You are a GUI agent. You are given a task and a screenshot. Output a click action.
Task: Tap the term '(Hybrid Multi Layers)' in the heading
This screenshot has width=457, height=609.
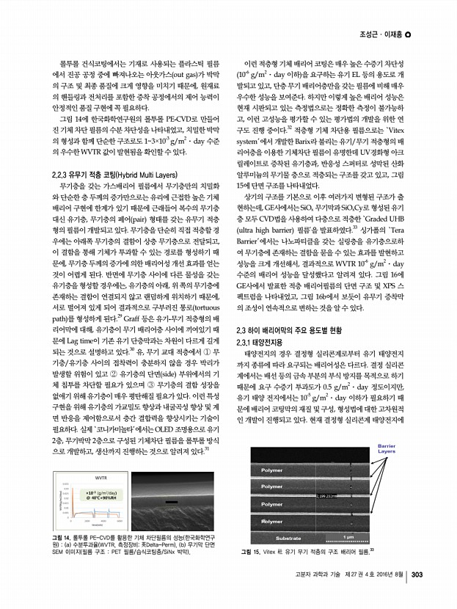click(x=136, y=176)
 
